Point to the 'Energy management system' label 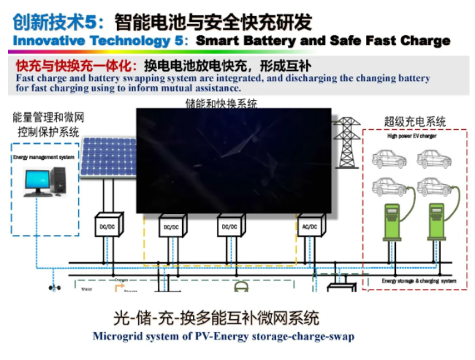(x=43, y=157)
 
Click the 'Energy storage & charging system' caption (x=419, y=280)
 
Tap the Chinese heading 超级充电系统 (x=414, y=122)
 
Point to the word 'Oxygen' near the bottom (x=121, y=279)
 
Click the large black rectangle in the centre (x=234, y=161)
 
